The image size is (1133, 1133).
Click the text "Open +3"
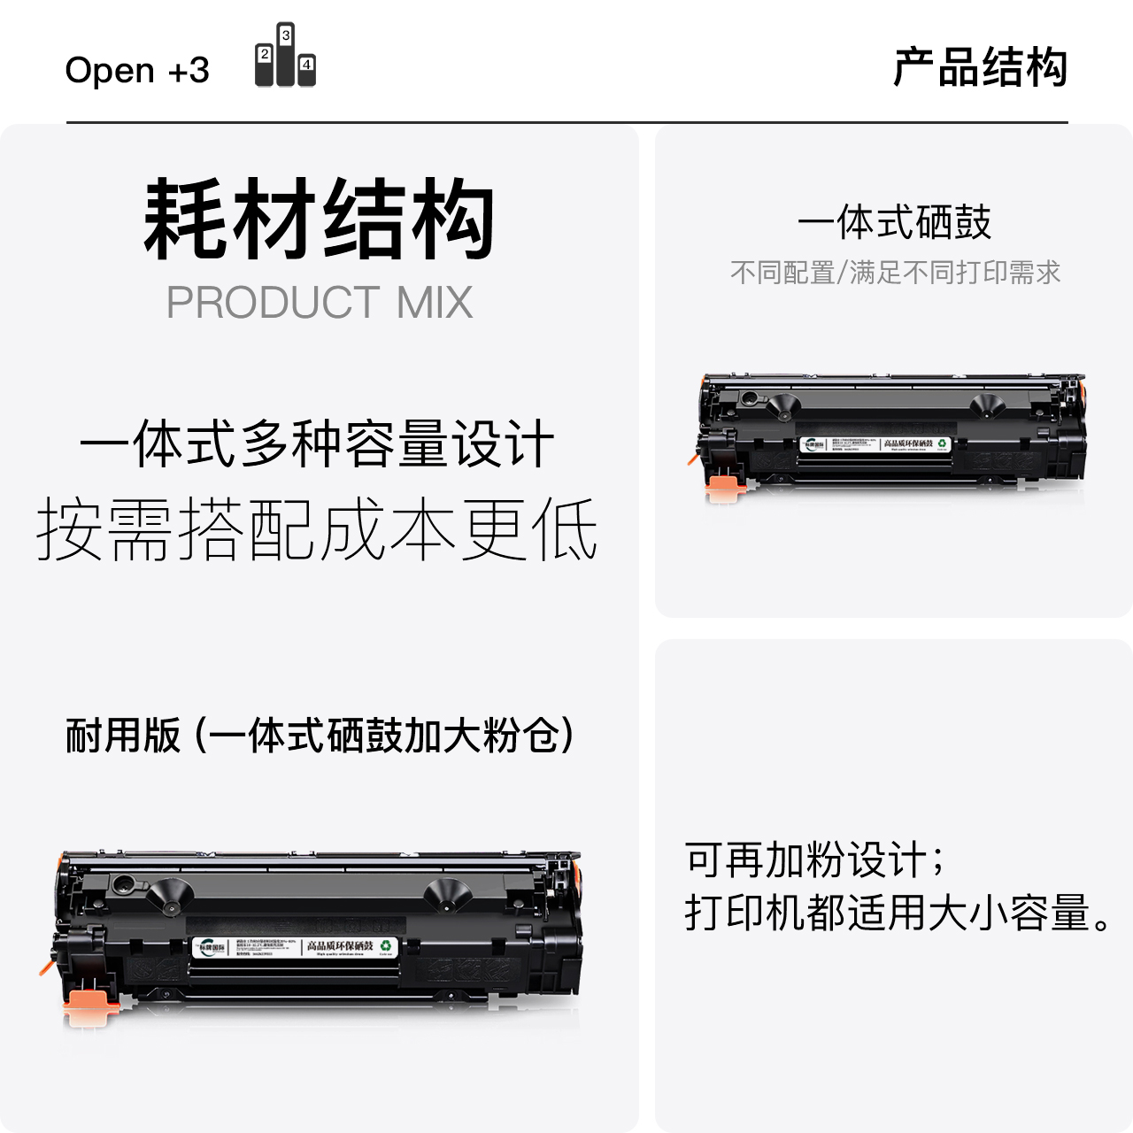pos(137,70)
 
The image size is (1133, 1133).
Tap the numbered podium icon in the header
pos(285,56)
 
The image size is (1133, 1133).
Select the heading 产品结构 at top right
pos(980,68)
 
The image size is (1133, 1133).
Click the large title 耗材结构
pos(319,219)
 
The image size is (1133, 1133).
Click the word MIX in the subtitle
pos(434,303)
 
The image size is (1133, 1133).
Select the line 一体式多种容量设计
pos(317,443)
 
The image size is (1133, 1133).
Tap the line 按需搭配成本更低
pos(317,529)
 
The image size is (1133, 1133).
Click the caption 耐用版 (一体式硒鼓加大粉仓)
pos(320,736)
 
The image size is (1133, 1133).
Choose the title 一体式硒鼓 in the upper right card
pos(894,222)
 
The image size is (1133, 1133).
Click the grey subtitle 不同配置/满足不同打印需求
pos(895,273)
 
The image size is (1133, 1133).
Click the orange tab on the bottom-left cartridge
pos(91,1001)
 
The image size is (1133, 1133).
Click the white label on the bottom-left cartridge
pos(295,948)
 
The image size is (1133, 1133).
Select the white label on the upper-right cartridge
pos(875,444)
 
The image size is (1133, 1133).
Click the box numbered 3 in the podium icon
pos(286,35)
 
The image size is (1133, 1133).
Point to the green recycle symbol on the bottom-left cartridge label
pos(386,946)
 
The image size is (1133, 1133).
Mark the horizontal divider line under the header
pos(566,122)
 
